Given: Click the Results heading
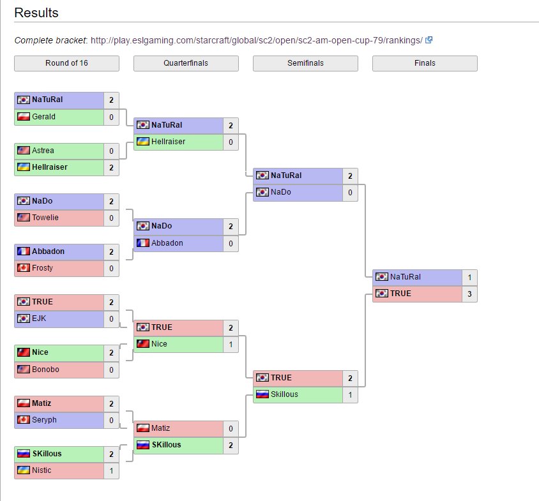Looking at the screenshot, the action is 36,13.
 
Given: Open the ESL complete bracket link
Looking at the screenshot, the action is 256,40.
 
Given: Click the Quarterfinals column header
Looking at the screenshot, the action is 186,63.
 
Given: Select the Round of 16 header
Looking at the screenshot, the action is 66,63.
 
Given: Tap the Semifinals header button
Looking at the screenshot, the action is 305,63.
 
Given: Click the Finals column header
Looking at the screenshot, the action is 425,63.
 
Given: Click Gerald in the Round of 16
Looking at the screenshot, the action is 43,117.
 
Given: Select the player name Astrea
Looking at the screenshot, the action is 43,151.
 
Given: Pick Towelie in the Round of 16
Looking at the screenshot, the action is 45,218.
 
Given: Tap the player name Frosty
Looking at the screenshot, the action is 42,268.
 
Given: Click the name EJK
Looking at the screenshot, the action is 39,318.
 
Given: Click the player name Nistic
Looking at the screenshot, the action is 42,470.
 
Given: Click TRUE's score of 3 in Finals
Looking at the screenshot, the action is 469,294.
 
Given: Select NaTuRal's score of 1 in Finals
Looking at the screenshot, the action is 469,277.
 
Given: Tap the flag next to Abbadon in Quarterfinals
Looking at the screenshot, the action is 142,243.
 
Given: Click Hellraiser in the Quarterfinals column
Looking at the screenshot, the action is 168,142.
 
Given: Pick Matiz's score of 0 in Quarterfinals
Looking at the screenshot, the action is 231,428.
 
